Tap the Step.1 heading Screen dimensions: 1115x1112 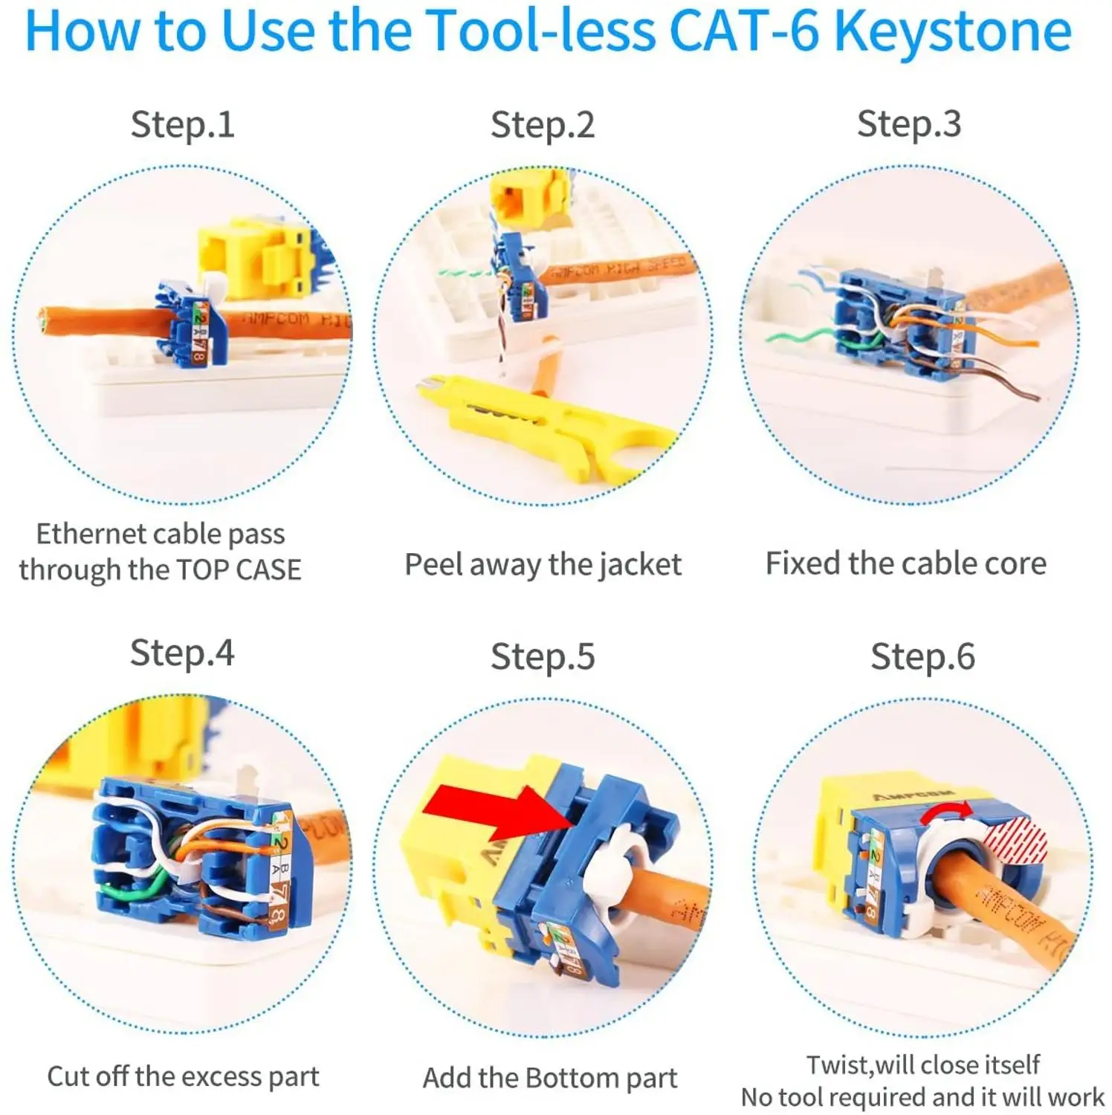coord(182,124)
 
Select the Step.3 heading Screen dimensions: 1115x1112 coord(908,123)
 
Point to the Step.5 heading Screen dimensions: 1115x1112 coord(543,657)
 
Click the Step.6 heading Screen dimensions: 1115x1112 coord(922,657)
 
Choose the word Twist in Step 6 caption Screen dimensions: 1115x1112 coord(838,1064)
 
